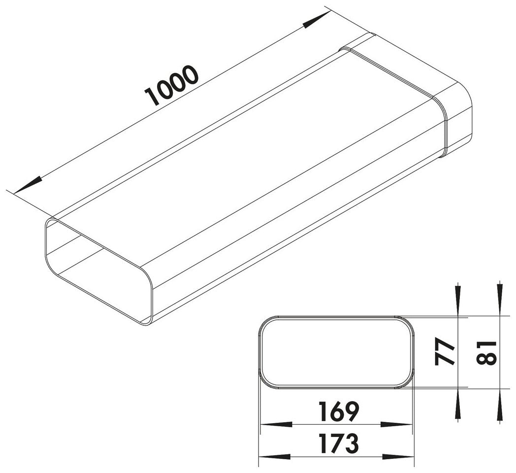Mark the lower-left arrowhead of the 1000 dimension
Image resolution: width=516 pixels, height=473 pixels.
pos(27,186)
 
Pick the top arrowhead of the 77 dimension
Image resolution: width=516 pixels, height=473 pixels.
pos(458,301)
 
